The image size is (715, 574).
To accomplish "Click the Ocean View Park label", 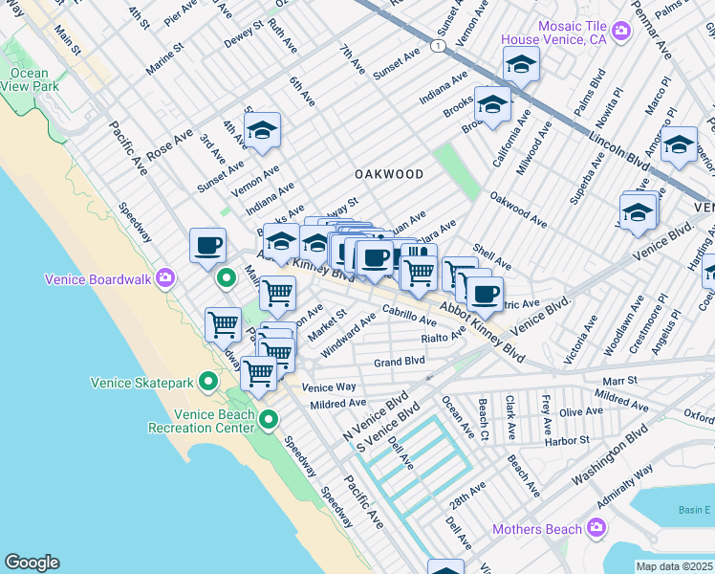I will [29, 78].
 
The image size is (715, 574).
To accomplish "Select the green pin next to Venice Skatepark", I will [210, 383].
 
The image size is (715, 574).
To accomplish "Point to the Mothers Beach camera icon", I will [596, 528].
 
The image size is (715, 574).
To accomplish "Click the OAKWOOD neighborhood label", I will [389, 174].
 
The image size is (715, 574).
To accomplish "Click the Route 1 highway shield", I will [437, 46].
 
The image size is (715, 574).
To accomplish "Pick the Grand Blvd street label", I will [399, 362].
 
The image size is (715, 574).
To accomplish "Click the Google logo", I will [32, 563].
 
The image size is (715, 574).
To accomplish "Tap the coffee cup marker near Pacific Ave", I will [207, 246].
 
